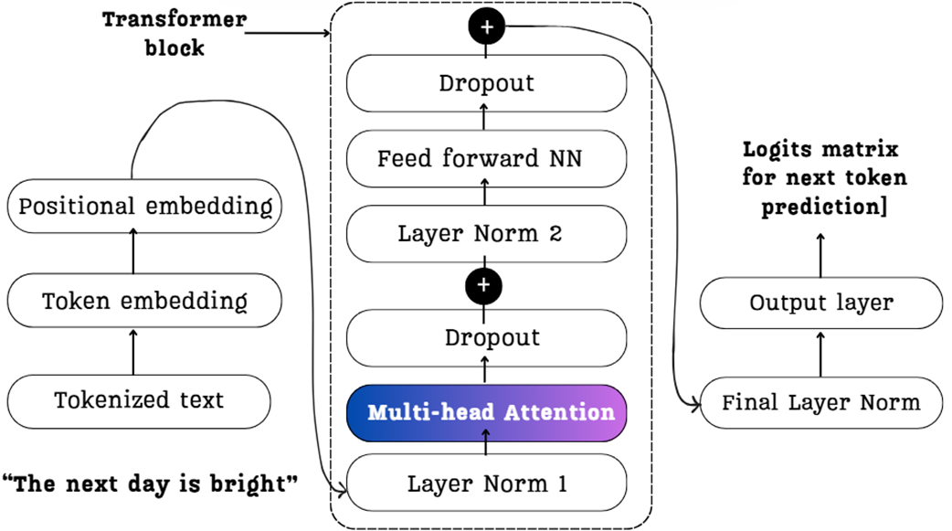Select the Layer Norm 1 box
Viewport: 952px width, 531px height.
[486, 483]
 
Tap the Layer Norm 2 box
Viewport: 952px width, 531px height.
[486, 233]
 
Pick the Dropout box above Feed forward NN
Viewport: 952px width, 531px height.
[486, 84]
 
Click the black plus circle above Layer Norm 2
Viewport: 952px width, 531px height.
[485, 285]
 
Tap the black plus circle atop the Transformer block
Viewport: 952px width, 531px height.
[486, 28]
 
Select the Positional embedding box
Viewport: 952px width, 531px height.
[144, 206]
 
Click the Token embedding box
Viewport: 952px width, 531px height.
[144, 300]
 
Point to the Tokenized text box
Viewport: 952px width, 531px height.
[139, 399]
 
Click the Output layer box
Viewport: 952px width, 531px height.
[820, 303]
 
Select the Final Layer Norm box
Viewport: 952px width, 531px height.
[820, 402]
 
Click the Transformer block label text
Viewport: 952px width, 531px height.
[174, 33]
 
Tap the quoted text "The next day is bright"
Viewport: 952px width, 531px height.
[152, 483]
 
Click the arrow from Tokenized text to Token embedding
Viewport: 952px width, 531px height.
[133, 352]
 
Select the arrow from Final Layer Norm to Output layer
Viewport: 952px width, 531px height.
[820, 353]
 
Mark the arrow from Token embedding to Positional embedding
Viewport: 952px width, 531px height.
[133, 253]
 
